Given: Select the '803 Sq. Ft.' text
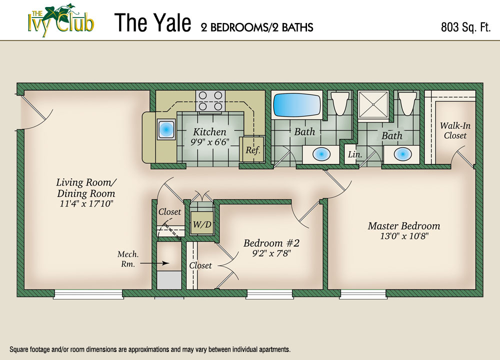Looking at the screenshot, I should [465, 27].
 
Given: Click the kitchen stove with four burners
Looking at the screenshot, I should [210, 100].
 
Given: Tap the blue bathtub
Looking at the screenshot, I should [297, 105].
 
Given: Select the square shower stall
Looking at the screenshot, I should [373, 105].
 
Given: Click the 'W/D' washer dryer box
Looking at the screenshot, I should [202, 224].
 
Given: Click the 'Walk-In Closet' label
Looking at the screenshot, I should [455, 130].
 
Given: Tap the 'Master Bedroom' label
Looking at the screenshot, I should [404, 226].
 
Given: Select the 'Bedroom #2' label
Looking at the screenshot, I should [271, 243].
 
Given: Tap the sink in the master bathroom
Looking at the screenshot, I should [402, 154].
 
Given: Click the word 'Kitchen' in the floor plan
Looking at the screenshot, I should [210, 132].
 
